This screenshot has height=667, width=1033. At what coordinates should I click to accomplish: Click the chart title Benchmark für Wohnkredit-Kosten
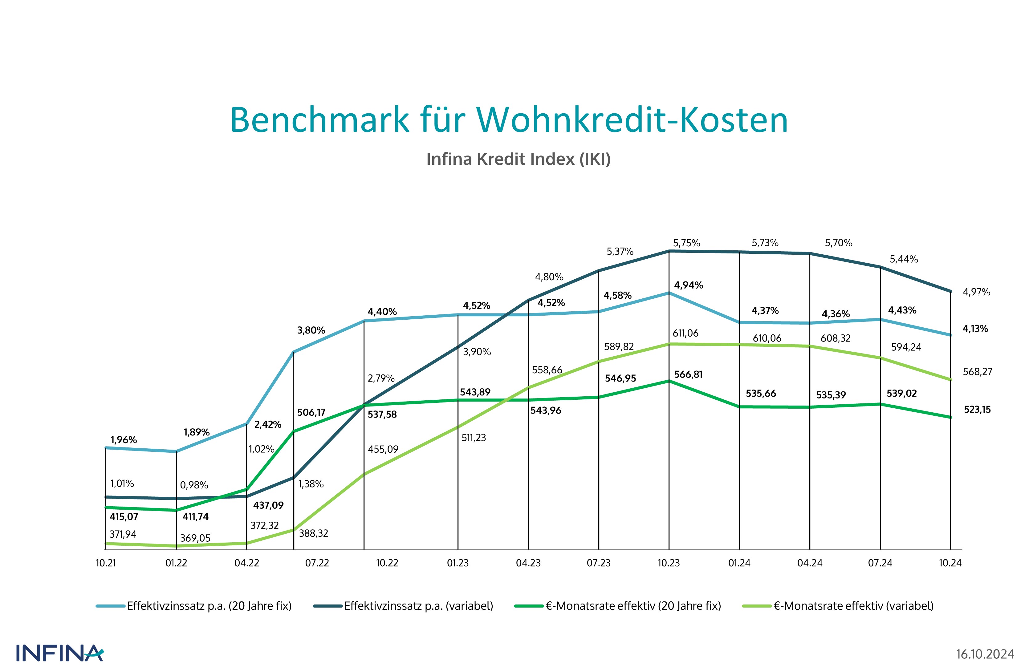(509, 120)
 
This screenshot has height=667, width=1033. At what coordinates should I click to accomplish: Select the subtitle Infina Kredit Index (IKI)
(518, 159)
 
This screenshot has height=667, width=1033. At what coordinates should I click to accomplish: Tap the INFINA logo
(60, 653)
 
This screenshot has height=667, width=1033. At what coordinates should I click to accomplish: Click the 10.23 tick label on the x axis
(669, 563)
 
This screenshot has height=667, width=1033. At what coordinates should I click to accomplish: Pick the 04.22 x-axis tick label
(246, 563)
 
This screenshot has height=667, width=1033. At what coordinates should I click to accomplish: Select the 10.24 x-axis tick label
(950, 563)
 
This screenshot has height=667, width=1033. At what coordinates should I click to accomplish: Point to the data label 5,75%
(686, 243)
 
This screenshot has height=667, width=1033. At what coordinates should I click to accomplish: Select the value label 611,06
(685, 333)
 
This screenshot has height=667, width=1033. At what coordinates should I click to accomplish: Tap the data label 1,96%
(124, 440)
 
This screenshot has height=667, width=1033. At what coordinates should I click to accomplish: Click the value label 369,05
(195, 538)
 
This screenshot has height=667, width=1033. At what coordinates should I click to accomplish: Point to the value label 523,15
(977, 409)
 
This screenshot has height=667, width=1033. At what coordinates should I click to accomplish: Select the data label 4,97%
(976, 292)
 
